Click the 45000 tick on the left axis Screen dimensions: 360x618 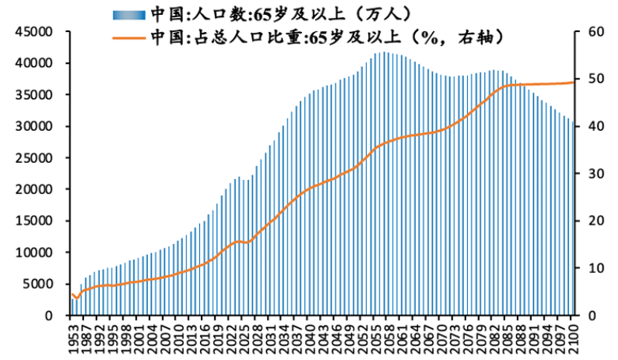[x=35, y=32]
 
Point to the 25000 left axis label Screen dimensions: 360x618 [x=35, y=158]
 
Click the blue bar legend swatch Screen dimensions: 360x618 [x=128, y=14]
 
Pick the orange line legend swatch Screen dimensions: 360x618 [x=128, y=36]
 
